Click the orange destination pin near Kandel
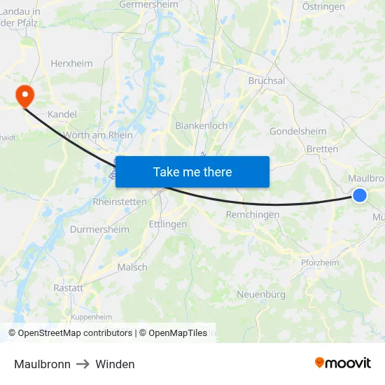click(24, 96)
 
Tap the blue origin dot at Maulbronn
click(359, 195)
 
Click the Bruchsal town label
click(266, 80)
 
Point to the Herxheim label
click(71, 63)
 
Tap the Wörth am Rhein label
click(97, 135)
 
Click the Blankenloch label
click(201, 125)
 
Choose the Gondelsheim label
click(297, 131)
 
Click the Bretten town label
click(322, 148)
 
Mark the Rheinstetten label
click(120, 202)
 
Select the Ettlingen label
click(168, 224)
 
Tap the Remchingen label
click(252, 214)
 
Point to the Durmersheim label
click(100, 229)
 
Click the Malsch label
click(132, 267)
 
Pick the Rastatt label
click(68, 288)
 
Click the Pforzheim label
click(320, 262)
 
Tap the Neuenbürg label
click(261, 294)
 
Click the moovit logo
click(342, 363)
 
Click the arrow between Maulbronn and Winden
click(83, 364)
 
